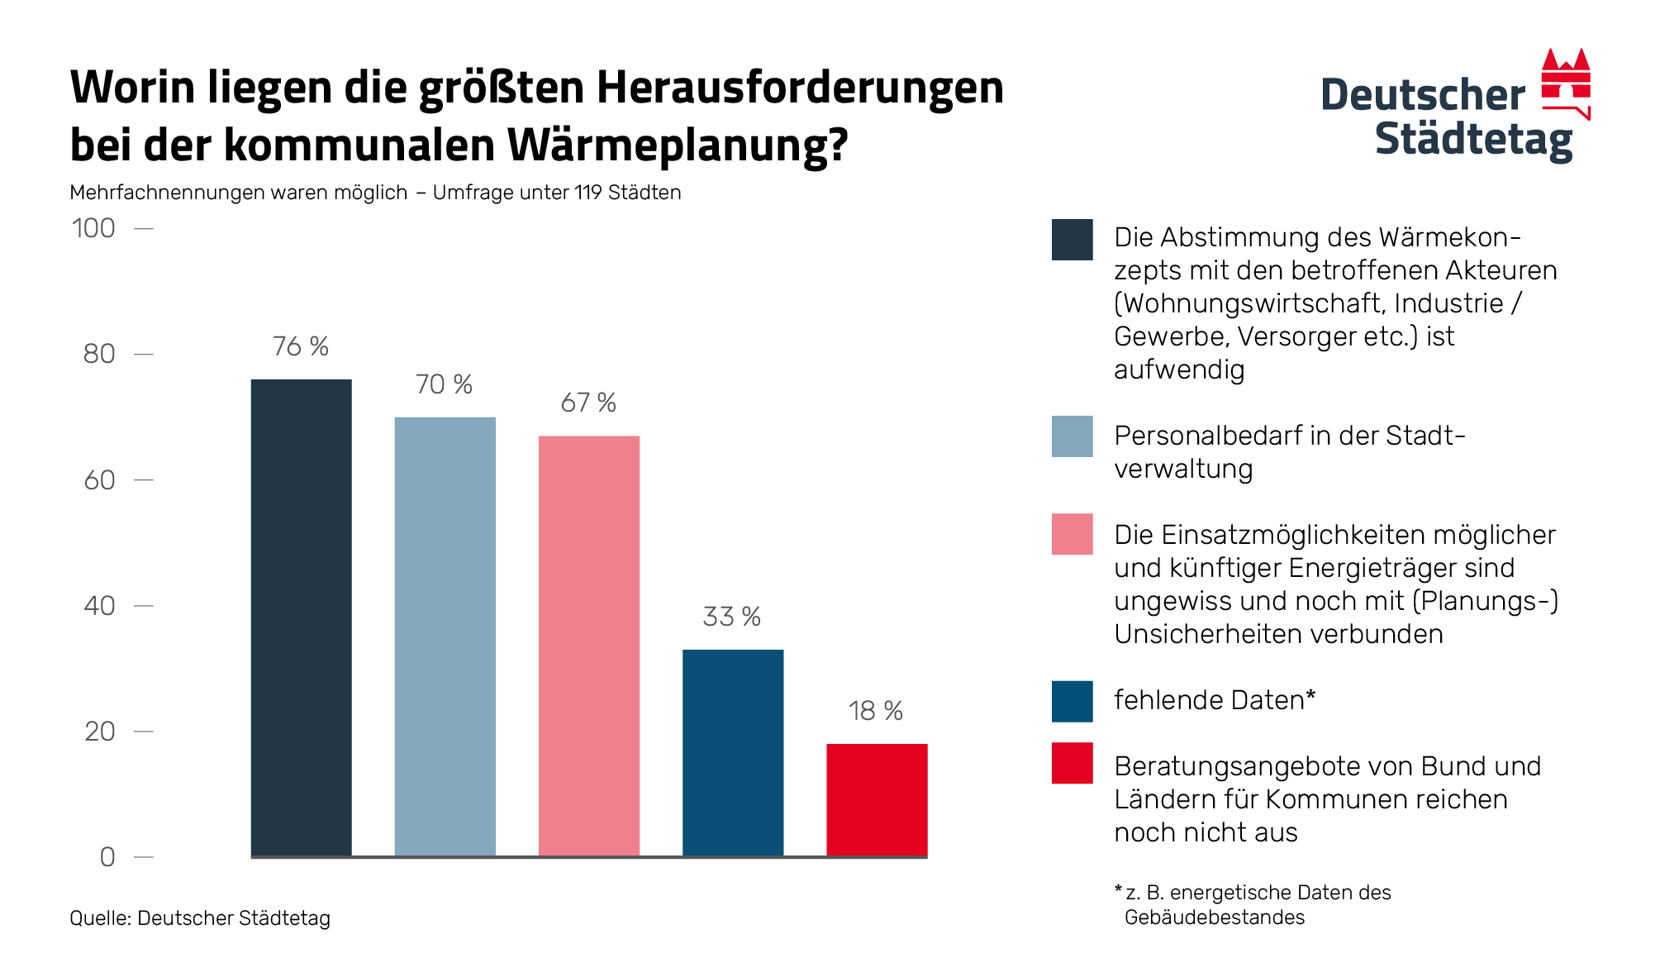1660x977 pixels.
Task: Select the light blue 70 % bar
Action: [445, 636]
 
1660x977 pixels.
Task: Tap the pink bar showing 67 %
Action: [588, 646]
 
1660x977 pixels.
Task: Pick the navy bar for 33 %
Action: [733, 752]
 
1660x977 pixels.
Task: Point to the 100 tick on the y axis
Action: [93, 228]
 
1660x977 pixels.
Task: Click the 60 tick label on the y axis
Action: [99, 480]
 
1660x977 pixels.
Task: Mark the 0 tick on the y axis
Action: [107, 857]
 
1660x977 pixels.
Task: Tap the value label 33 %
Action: [731, 617]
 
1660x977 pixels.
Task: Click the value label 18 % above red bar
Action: [875, 711]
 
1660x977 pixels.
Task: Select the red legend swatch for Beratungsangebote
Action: [1072, 763]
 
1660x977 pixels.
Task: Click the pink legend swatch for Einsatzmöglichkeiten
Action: [1072, 534]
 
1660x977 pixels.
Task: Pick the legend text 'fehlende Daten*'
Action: [1214, 700]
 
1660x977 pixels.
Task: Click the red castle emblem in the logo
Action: [1566, 83]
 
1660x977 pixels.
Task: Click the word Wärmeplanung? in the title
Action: [678, 145]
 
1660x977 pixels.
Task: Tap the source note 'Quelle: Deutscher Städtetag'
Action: [200, 918]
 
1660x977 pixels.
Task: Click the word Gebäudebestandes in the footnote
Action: [1214, 917]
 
